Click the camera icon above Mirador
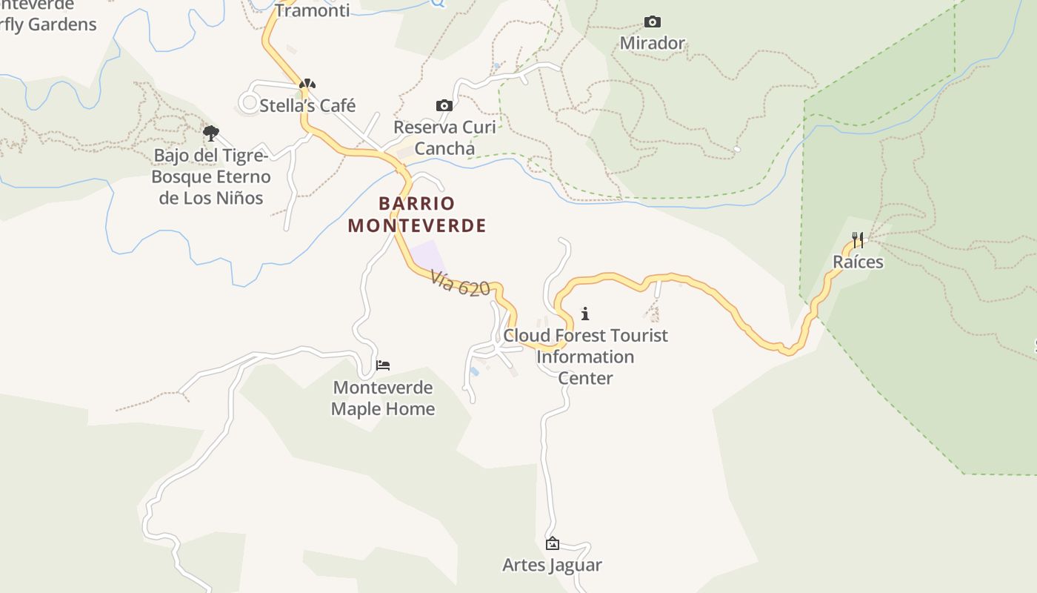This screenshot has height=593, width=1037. pyautogui.click(x=652, y=22)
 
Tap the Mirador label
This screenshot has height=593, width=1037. pyautogui.click(x=652, y=43)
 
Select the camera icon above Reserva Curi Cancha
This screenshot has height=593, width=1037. pyautogui.click(x=444, y=106)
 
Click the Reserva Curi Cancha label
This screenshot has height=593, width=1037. pyautogui.click(x=444, y=137)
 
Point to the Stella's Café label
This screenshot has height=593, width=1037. pyautogui.click(x=307, y=106)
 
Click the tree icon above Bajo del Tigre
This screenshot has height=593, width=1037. pyautogui.click(x=211, y=133)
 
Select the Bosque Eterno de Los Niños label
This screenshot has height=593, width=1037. pyautogui.click(x=211, y=177)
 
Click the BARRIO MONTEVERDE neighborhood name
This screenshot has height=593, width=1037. pyautogui.click(x=417, y=214)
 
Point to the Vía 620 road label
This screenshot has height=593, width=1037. pyautogui.click(x=460, y=283)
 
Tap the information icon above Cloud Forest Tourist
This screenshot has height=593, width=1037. pyautogui.click(x=585, y=314)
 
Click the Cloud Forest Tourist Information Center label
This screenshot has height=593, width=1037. pyautogui.click(x=585, y=357)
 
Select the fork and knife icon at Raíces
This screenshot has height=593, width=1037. pyautogui.click(x=858, y=239)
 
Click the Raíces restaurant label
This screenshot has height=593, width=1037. pyautogui.click(x=858, y=262)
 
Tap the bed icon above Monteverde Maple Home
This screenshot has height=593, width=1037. pyautogui.click(x=383, y=365)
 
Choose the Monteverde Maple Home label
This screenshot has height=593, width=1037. pyautogui.click(x=383, y=398)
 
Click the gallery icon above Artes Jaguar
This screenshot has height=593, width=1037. pyautogui.click(x=552, y=544)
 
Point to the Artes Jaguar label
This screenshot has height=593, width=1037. pyautogui.click(x=552, y=565)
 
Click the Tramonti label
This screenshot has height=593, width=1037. pyautogui.click(x=312, y=10)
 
